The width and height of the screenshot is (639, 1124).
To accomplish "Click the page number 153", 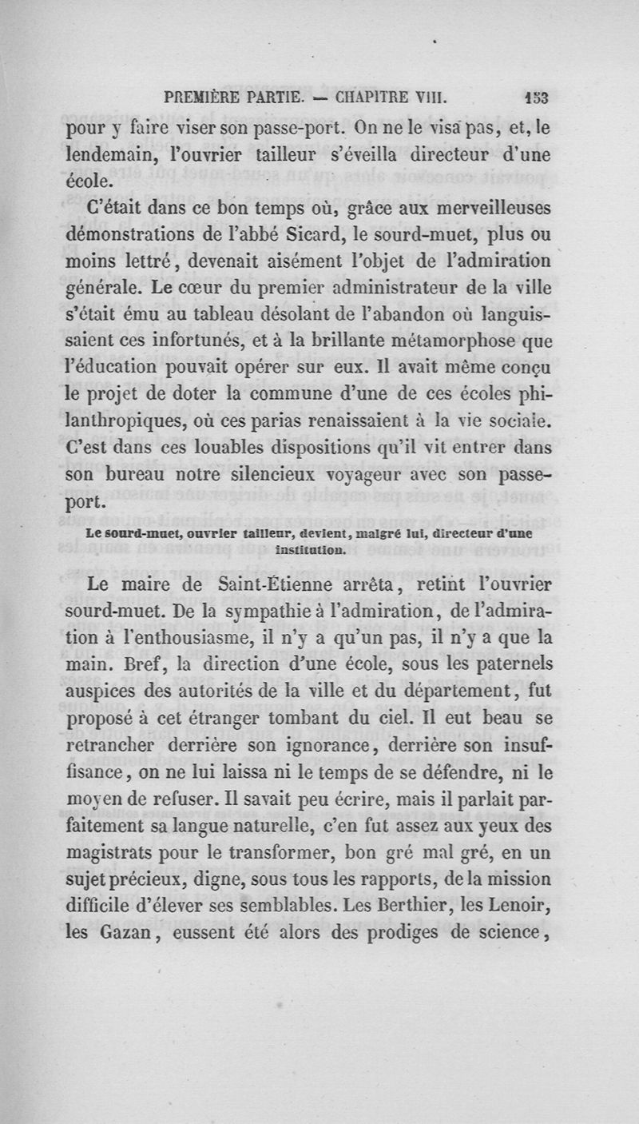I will [x=536, y=99].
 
